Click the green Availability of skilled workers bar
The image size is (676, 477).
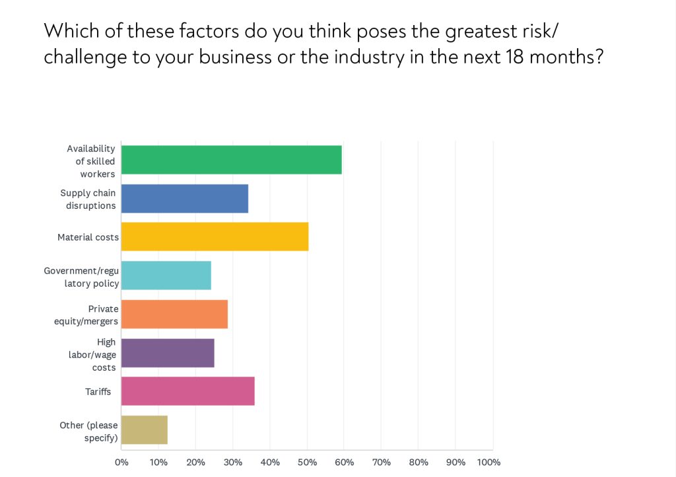231,160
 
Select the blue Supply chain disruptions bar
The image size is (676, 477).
185,198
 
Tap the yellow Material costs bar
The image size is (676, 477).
215,237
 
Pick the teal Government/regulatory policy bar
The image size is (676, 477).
166,275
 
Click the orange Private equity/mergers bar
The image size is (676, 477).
174,314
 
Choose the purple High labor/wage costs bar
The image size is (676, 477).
168,353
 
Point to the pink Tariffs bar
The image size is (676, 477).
187,391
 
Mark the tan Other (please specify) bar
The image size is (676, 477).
145,430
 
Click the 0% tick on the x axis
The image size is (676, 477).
121,462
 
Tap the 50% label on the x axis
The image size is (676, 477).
307,462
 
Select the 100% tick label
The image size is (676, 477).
489,462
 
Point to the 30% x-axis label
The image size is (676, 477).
233,462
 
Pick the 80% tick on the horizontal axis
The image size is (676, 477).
419,462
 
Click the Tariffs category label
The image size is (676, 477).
98,392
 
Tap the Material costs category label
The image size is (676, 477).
88,237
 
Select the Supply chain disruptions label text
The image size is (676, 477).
88,199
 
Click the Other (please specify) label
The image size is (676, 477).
88,431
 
